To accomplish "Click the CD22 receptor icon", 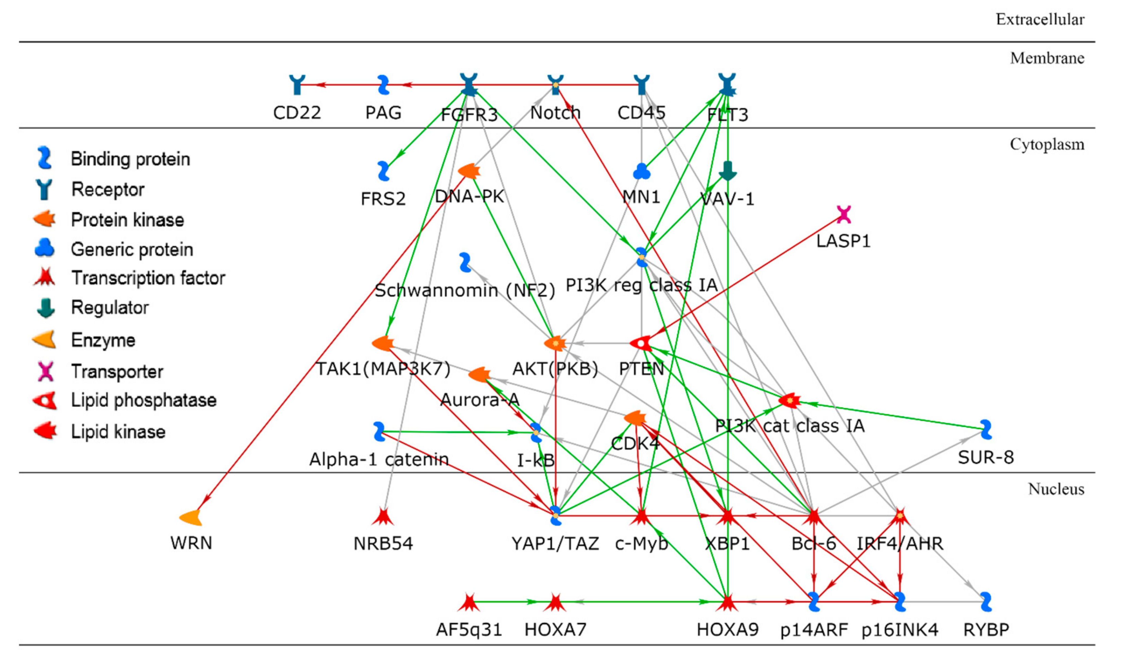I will click(x=297, y=84).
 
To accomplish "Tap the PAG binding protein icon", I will click(x=383, y=84).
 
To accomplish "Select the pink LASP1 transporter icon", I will click(x=844, y=214).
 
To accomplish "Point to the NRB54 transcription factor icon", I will click(x=383, y=517).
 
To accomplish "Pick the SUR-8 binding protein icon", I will click(x=986, y=429).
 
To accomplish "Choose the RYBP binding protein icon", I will click(x=986, y=602).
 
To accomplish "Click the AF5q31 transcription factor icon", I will click(x=469, y=602).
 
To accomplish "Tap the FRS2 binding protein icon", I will click(x=383, y=171).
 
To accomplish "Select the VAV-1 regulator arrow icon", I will click(x=728, y=171).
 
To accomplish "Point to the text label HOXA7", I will click(x=555, y=630).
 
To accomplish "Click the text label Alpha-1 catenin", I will click(x=379, y=459).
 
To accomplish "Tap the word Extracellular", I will click(x=1040, y=19).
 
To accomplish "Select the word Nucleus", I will click(x=1056, y=489).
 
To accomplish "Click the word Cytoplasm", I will click(x=1047, y=144).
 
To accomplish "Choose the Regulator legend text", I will click(x=110, y=308).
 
